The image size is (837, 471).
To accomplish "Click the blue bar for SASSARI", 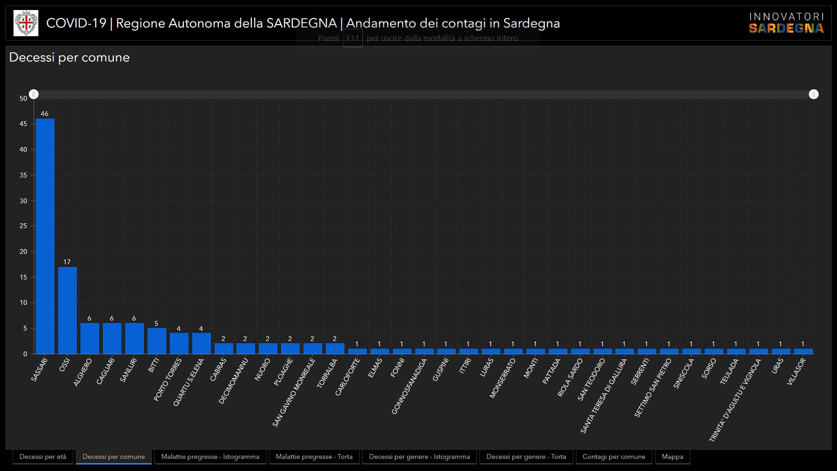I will click(x=45, y=235).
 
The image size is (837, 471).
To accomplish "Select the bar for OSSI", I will click(x=67, y=310).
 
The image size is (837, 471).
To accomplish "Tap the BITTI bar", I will click(x=157, y=341).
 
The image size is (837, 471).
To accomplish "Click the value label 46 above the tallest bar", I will click(x=44, y=114).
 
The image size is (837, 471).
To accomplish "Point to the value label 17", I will click(x=67, y=262).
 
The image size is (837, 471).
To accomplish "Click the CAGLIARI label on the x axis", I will click(x=105, y=371).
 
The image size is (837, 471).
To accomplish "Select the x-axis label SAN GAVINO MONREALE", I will click(x=294, y=392).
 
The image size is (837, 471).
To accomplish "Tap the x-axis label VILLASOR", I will click(x=796, y=372).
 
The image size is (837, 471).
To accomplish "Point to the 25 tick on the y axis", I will click(x=23, y=226).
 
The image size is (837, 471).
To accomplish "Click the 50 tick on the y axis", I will click(x=23, y=99).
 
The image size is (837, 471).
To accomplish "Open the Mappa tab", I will click(x=672, y=457).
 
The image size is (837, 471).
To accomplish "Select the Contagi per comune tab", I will click(x=614, y=457).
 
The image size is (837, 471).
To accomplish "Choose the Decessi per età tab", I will click(x=43, y=457).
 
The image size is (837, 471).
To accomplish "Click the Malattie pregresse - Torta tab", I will click(x=314, y=457).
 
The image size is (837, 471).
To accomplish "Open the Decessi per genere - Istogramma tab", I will click(x=419, y=457).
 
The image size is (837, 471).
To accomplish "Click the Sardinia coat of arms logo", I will click(x=26, y=23).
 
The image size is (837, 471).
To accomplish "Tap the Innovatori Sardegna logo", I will click(x=786, y=23).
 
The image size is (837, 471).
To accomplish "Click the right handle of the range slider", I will click(x=813, y=94).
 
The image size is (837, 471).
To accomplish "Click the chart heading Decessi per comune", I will click(x=69, y=58).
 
